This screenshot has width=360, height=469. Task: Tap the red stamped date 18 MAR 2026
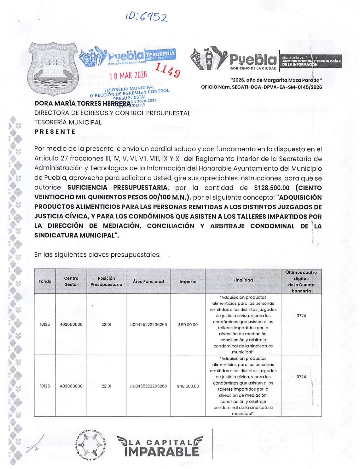(128, 76)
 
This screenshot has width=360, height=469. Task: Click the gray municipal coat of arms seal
(53, 70)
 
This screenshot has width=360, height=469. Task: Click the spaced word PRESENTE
(55, 132)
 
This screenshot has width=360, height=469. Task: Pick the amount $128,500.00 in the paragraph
(272, 188)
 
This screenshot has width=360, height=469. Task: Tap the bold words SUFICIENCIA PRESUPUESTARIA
(117, 188)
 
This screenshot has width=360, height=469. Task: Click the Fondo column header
(45, 281)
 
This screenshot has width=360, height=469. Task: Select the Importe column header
(188, 282)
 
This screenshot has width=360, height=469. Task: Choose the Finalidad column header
(243, 280)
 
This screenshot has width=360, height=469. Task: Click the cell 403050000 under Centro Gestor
(71, 324)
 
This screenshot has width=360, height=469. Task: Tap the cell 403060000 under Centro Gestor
(71, 386)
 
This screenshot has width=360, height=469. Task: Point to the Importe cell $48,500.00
(188, 386)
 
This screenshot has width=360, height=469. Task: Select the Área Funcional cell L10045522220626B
(148, 324)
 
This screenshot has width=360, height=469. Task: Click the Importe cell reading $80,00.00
(188, 324)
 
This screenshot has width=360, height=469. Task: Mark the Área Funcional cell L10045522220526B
(148, 386)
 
